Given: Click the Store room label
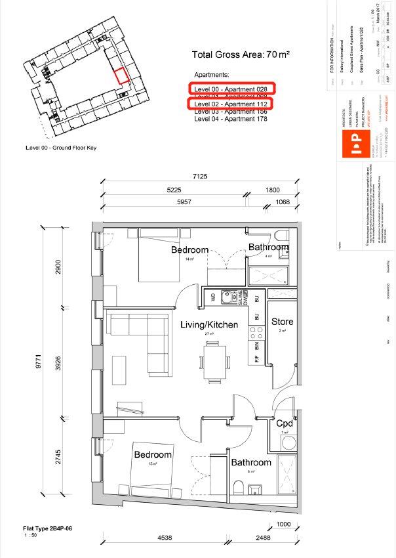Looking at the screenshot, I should [x=282, y=322].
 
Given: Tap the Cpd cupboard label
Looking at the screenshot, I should [x=283, y=423].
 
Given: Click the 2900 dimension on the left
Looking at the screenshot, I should [x=59, y=268].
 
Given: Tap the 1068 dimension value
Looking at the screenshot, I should [x=282, y=202].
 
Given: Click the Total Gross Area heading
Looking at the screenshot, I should [x=240, y=55].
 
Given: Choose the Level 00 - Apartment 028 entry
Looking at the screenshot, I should [x=231, y=88].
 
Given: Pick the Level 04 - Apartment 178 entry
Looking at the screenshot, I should [x=231, y=119].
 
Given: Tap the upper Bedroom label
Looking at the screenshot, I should [x=189, y=249].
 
